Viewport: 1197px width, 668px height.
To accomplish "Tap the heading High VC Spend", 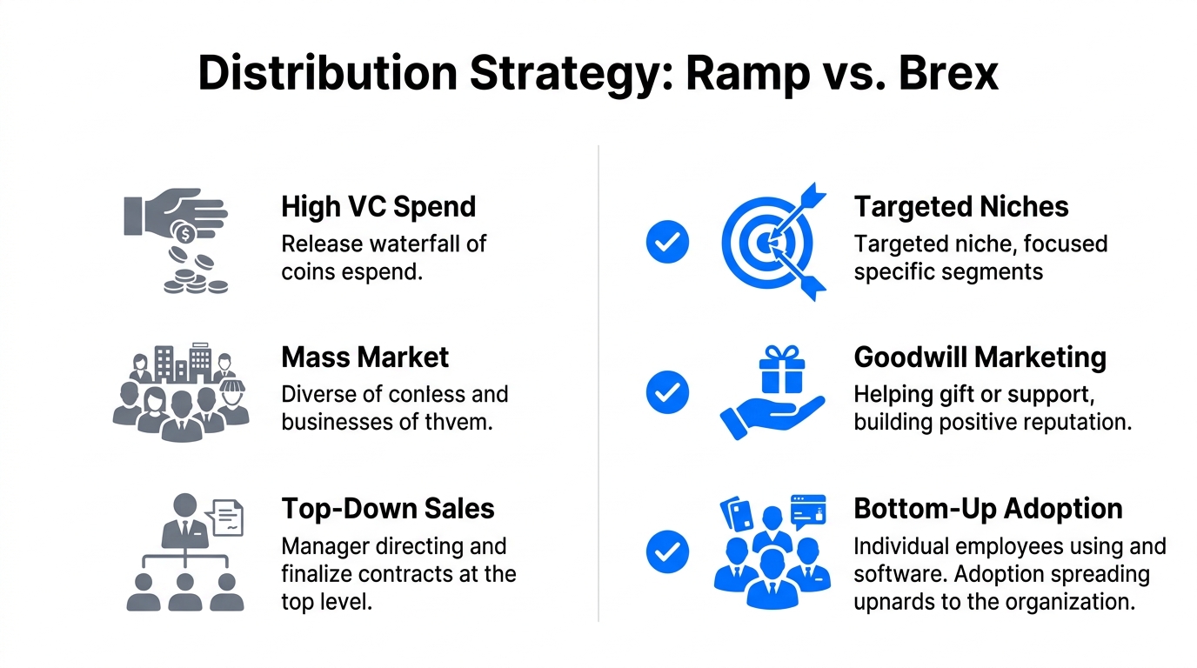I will tap(378, 207).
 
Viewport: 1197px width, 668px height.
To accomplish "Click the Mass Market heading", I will tap(365, 357).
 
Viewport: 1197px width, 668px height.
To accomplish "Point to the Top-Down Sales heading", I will tap(388, 509).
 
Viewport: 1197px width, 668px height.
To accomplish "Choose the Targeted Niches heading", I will tap(961, 207).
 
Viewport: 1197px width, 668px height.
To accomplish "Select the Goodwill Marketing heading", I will tap(980, 357).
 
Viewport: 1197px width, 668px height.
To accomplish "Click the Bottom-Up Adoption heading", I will tap(988, 509).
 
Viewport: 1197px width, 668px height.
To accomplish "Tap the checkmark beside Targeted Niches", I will tap(667, 242).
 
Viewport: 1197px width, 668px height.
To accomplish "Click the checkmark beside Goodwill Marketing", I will tap(667, 392).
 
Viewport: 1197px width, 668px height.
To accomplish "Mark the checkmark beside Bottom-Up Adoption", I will tap(667, 551).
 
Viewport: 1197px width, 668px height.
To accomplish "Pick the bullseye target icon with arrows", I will tap(770, 243).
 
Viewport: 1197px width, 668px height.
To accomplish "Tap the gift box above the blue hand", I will tap(782, 369).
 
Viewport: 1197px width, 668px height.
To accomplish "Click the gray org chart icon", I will tap(184, 551).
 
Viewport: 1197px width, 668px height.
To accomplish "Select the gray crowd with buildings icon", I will tap(181, 393).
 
